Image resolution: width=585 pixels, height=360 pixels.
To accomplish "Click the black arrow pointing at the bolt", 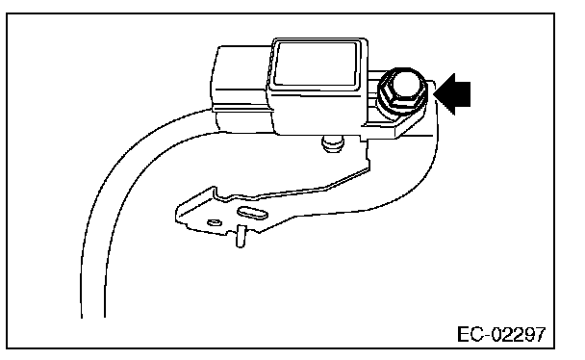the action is tap(453, 93).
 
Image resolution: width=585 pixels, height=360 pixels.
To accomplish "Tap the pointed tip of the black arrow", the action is tap(434, 93).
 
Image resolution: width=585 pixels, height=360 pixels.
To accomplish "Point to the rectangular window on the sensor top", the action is tap(316, 64).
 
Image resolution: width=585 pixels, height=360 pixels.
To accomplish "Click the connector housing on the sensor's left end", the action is tap(241, 89).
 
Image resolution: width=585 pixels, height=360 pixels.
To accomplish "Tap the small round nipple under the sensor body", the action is tap(332, 144).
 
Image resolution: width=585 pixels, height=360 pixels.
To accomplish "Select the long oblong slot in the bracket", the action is tap(252, 213).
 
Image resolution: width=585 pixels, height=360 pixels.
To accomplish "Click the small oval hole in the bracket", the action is tap(215, 222).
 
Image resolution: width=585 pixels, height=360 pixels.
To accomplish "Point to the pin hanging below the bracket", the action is tap(242, 236).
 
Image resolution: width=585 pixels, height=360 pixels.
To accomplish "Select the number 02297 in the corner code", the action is tap(519, 334).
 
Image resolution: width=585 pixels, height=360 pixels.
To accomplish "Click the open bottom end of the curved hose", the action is tap(93, 317).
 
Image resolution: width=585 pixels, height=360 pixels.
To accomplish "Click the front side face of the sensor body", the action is tap(318, 112).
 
